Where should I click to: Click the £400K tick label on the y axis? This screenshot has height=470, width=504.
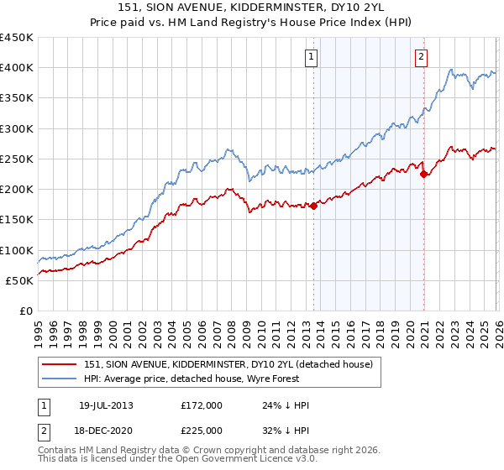pyautogui.click(x=17, y=68)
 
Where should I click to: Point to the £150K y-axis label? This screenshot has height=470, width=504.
pyautogui.click(x=17, y=220)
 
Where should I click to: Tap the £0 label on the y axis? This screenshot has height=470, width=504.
pyautogui.click(x=25, y=311)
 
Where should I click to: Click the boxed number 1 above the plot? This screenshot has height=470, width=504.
pyautogui.click(x=311, y=57)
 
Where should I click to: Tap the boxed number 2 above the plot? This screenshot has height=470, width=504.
pyautogui.click(x=421, y=57)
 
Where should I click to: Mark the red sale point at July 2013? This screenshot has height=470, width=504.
pyautogui.click(x=313, y=206)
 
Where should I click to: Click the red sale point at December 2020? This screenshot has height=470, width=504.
pyautogui.click(x=424, y=174)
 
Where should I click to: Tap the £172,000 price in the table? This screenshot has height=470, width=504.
pyautogui.click(x=202, y=405)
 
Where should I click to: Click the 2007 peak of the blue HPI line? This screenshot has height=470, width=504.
pyautogui.click(x=229, y=151)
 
